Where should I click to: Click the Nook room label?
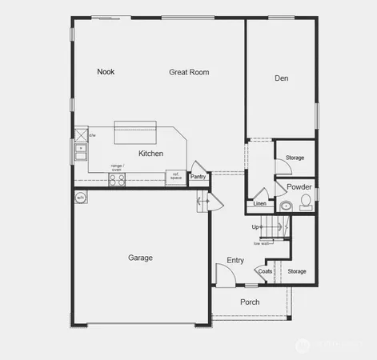pyautogui.click(x=106, y=72)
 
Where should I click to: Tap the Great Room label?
pyautogui.click(x=189, y=72)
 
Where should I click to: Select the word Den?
pyautogui.click(x=281, y=78)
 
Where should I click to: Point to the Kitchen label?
pyautogui.click(x=151, y=154)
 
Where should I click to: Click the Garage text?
pyautogui.click(x=141, y=258)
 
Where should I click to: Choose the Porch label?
pyautogui.click(x=250, y=302)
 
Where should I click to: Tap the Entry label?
pyautogui.click(x=235, y=260)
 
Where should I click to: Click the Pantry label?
pyautogui.click(x=198, y=177)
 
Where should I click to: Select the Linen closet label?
pyautogui.click(x=259, y=204)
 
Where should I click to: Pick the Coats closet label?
pyautogui.click(x=265, y=271)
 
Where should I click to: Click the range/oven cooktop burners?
pyautogui.click(x=117, y=180)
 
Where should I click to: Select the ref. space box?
pyautogui.click(x=174, y=177)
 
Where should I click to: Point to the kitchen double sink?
pyautogui.click(x=80, y=147)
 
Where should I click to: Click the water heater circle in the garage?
pyautogui.click(x=80, y=198)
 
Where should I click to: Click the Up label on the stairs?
pyautogui.click(x=255, y=226)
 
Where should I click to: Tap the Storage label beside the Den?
pyautogui.click(x=295, y=158)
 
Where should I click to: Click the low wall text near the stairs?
pyautogui.click(x=261, y=243)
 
